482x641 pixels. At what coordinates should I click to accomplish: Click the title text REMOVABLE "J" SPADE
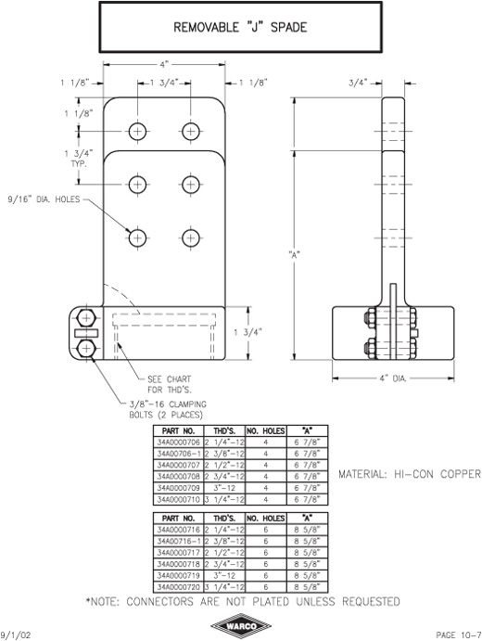(240, 28)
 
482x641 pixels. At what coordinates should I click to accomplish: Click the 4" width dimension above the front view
(164, 64)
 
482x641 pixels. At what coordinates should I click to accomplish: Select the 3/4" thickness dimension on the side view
(358, 83)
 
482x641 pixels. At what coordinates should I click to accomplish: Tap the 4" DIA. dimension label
(393, 378)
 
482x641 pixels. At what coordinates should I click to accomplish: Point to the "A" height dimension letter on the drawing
(294, 255)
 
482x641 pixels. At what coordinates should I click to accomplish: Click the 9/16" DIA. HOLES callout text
(44, 199)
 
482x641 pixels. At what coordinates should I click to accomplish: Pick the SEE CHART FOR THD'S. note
(170, 384)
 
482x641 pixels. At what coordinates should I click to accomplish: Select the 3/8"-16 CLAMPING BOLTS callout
(168, 410)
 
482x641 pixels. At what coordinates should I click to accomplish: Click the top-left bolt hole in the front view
(138, 131)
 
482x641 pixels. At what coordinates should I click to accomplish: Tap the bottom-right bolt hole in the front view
(190, 237)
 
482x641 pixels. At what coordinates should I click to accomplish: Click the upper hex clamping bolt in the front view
(86, 318)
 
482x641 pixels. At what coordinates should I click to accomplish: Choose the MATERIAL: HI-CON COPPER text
(410, 474)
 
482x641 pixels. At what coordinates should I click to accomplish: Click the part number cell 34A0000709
(179, 488)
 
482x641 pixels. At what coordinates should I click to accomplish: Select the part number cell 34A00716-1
(179, 541)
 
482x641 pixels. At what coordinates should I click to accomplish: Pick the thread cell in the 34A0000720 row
(224, 587)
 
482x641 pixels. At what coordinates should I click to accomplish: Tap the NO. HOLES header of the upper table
(266, 430)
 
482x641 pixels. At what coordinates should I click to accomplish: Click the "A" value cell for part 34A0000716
(307, 530)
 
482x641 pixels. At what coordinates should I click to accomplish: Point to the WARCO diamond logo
(241, 626)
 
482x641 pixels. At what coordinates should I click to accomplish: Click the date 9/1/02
(16, 635)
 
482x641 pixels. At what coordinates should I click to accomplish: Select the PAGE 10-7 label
(459, 635)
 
